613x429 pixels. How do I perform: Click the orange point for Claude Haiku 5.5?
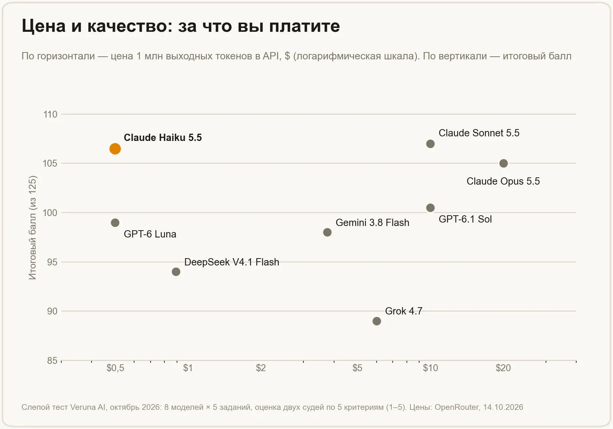click(115, 149)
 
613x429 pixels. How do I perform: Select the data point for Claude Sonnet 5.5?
click(430, 144)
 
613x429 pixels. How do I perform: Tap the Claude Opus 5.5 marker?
click(503, 163)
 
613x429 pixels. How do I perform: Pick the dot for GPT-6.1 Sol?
click(430, 208)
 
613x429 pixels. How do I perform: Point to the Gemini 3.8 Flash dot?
click(327, 232)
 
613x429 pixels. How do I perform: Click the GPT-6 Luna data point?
click(115, 223)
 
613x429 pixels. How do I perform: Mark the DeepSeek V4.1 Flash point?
click(176, 272)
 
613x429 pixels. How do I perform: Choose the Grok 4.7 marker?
click(377, 321)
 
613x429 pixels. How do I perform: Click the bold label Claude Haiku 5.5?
click(162, 138)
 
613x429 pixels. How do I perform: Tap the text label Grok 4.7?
click(403, 311)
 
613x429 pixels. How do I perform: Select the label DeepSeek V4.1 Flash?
click(231, 262)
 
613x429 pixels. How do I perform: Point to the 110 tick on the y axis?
click(50, 114)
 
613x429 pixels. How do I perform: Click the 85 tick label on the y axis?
click(52, 360)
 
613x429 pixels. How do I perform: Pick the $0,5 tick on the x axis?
click(115, 368)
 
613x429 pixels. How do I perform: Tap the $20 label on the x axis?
click(503, 368)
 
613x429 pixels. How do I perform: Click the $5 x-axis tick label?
click(357, 368)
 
